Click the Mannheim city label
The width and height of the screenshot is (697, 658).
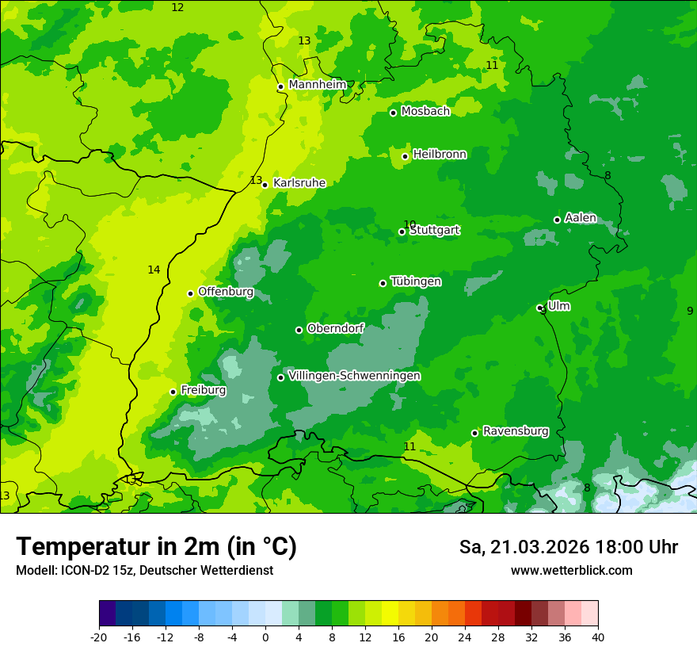[x=317, y=85]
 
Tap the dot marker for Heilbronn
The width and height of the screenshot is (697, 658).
[x=405, y=156]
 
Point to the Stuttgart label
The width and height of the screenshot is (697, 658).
[x=434, y=231]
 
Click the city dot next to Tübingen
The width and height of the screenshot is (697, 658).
[x=383, y=283]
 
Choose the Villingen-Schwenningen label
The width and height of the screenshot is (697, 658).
[x=354, y=376]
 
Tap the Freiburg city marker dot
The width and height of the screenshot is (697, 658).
[x=173, y=392]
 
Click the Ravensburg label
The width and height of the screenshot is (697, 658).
[x=515, y=431]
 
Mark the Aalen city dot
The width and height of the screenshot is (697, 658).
[x=557, y=220]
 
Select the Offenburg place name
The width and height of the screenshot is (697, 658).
[x=226, y=292]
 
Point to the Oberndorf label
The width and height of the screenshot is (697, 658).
[x=335, y=328]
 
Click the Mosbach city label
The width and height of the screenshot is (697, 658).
[x=425, y=112]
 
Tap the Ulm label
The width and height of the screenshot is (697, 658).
[x=558, y=306]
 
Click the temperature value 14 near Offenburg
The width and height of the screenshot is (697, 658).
[x=154, y=270]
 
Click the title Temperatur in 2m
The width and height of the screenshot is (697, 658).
[x=156, y=547]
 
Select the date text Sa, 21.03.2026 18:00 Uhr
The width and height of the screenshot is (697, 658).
[x=568, y=547]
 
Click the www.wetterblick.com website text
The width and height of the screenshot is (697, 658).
[x=571, y=571]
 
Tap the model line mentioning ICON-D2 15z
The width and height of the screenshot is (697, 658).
[x=144, y=571]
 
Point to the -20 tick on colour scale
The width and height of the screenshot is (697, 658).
[x=99, y=637]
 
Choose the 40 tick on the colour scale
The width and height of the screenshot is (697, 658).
[x=598, y=637]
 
